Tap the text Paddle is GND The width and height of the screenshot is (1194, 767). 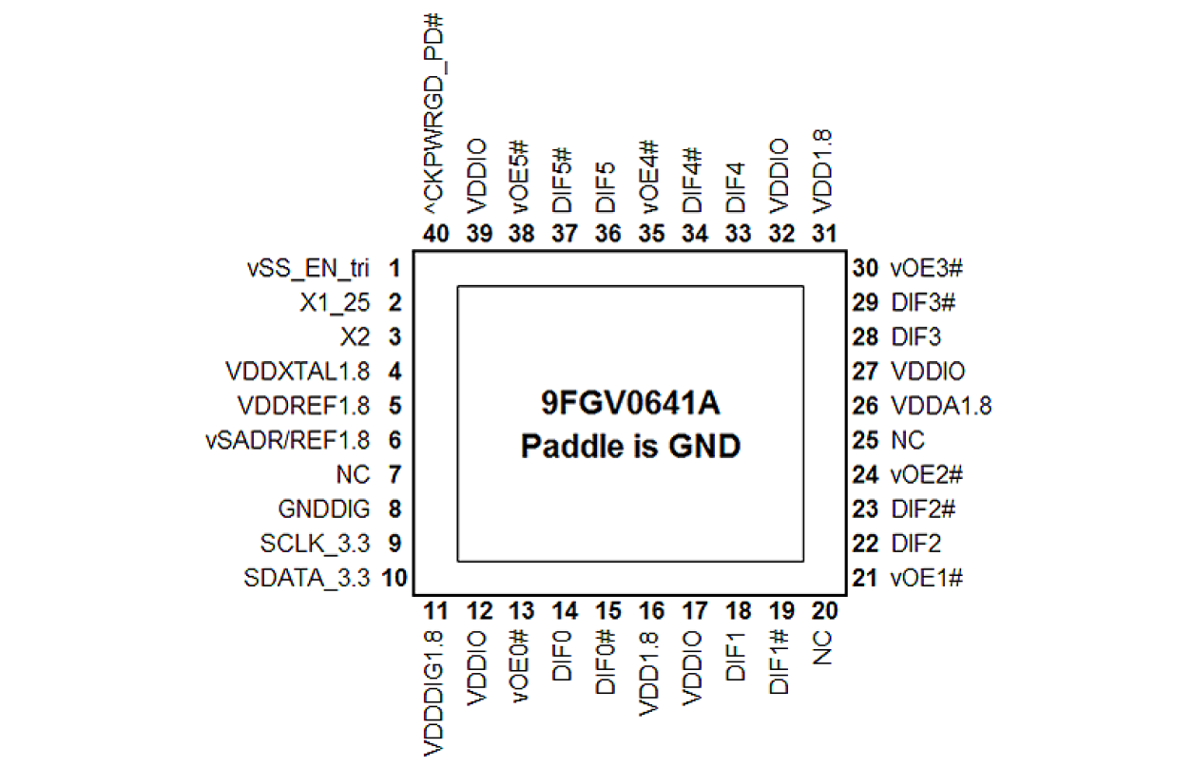630,445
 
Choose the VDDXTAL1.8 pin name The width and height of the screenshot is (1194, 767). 298,371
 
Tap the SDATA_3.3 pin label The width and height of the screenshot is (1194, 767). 306,578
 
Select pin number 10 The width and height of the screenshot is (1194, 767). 395,578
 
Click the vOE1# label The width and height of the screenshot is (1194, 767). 927,578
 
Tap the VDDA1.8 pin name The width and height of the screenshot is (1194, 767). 941,406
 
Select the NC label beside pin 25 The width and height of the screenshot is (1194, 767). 907,440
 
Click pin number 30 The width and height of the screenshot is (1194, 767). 865,268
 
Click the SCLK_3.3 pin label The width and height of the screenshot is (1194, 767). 314,544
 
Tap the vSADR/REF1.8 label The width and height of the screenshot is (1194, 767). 288,440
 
